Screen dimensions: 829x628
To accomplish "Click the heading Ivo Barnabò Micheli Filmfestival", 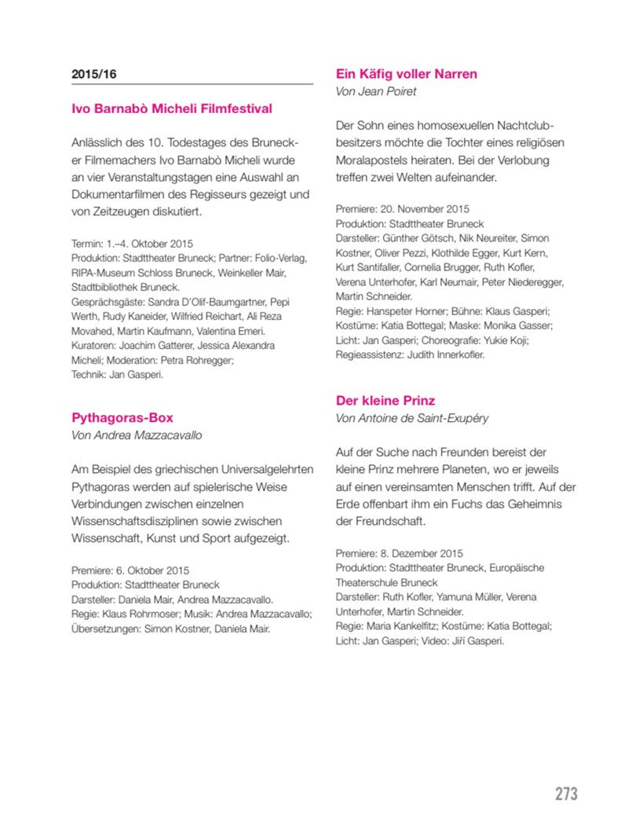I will (172, 108).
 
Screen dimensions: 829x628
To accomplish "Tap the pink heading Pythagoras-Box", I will (122, 417).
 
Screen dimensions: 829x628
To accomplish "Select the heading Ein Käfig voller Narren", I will (407, 74).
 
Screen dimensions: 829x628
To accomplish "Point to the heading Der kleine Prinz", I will (385, 400).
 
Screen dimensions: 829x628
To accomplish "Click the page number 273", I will (566, 794).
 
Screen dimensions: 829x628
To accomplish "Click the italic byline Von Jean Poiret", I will (375, 91).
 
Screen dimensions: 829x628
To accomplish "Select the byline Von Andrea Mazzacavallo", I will (142, 435).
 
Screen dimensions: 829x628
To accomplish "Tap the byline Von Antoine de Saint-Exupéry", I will (412, 418).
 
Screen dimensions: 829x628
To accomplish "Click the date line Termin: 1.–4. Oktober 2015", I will (132, 244).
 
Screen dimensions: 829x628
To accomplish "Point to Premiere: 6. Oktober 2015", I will (130, 570).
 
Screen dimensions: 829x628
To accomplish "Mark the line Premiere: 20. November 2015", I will (402, 210).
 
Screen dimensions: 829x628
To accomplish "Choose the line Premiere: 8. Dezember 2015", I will (400, 553).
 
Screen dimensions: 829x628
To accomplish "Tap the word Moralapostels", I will (374, 160).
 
